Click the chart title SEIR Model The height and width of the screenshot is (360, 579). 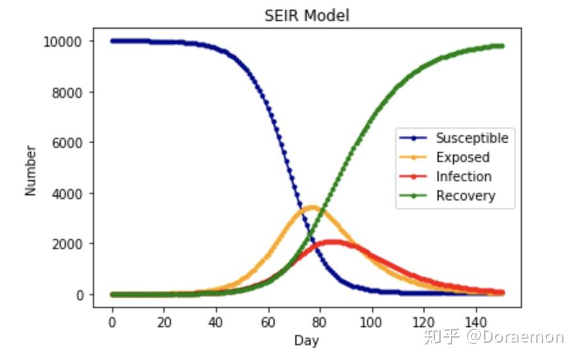click(x=307, y=15)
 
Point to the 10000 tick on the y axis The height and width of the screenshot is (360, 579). click(x=62, y=42)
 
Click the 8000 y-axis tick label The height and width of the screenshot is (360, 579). click(x=67, y=93)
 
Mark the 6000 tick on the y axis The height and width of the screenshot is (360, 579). click(x=67, y=143)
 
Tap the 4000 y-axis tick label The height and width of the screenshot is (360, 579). click(x=67, y=194)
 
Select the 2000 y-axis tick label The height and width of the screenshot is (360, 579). click(x=67, y=244)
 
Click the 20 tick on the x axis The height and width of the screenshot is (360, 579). click(x=164, y=323)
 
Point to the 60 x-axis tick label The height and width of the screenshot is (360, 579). click(x=268, y=323)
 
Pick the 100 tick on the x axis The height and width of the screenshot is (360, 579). click(x=371, y=323)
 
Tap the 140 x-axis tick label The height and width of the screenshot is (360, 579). click(x=475, y=323)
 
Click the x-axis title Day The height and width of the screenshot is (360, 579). click(x=306, y=340)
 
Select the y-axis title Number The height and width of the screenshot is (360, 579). click(x=31, y=170)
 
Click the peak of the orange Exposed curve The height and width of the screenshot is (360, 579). click(x=313, y=208)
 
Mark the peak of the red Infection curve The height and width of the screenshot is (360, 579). click(x=334, y=242)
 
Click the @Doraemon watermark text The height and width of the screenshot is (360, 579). click(x=515, y=337)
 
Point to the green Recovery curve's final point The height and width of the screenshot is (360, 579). click(x=502, y=46)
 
